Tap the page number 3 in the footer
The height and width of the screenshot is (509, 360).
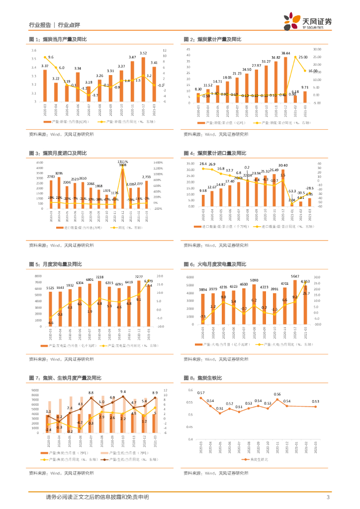coord(328,497)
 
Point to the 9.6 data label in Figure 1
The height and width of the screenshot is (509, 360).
coord(51,58)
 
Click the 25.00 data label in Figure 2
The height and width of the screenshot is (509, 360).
coord(303,58)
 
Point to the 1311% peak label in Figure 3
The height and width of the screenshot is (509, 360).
coord(123,162)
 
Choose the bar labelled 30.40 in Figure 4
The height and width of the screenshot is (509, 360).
coord(282,188)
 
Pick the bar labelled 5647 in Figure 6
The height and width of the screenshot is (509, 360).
coord(295,302)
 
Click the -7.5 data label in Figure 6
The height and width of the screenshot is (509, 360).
coord(202,317)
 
